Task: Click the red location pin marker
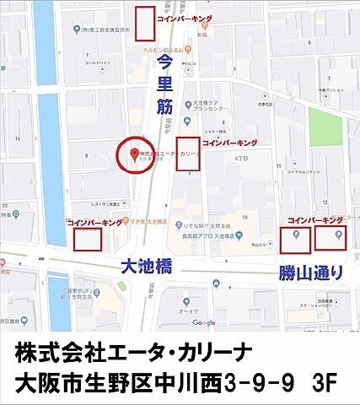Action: pos(133,152)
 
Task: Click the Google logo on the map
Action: pos(203,322)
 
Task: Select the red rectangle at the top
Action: pos(145,23)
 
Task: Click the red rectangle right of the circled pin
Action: pos(187,154)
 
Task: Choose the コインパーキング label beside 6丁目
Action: pos(228,143)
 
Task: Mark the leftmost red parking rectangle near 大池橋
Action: pos(88,239)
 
